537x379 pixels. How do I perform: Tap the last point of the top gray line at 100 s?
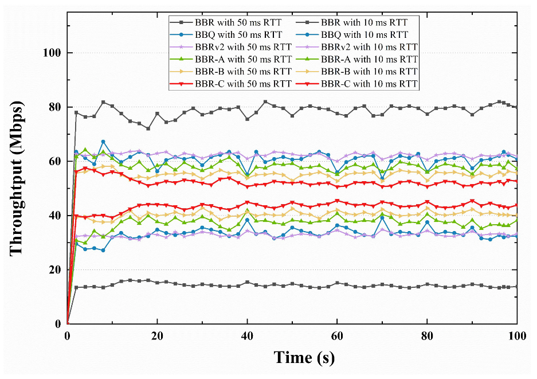(x=517, y=107)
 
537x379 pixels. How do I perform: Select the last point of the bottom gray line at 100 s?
(x=517, y=287)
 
